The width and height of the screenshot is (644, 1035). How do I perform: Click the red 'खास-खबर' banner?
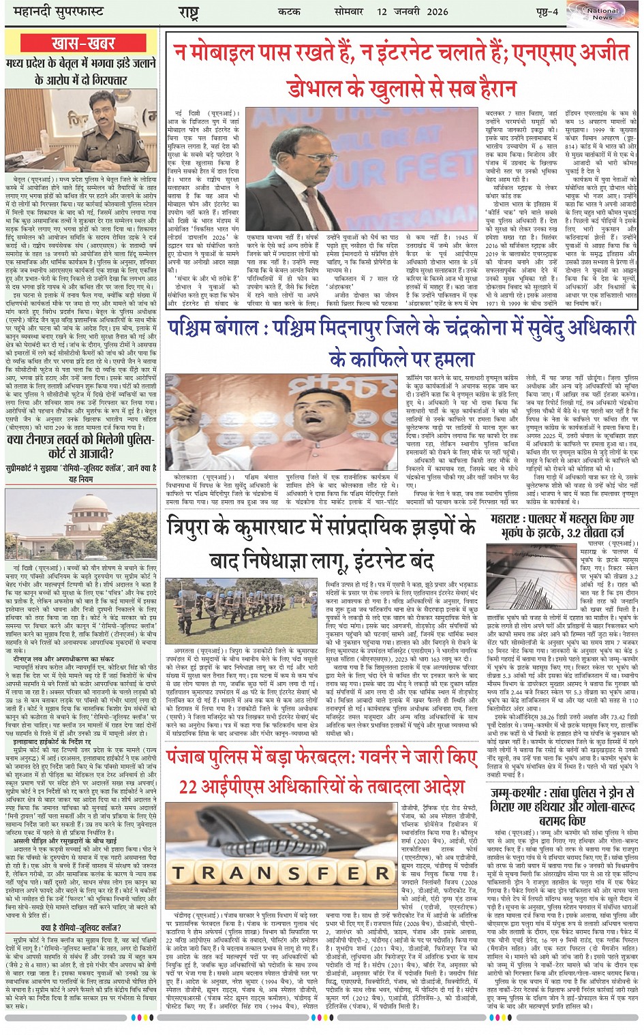tap(82, 44)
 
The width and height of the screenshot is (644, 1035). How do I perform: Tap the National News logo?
tap(602, 14)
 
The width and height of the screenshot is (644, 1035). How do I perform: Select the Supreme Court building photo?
tap(82, 523)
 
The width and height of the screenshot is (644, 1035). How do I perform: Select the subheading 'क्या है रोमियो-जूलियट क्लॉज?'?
tap(82, 927)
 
